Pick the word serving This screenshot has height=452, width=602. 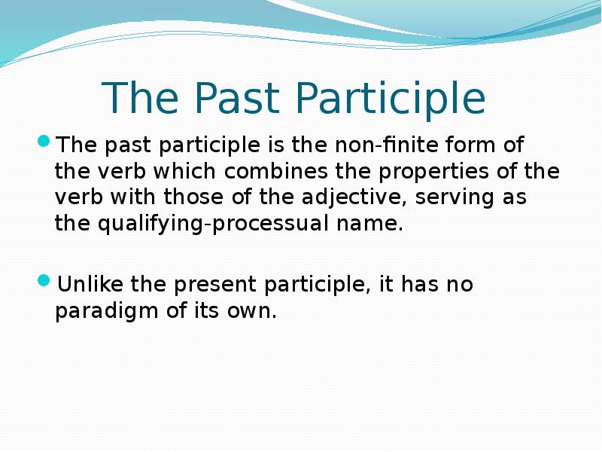pos(451,197)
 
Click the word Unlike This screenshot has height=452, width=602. pos(90,285)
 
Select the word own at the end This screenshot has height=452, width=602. pos(254,311)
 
